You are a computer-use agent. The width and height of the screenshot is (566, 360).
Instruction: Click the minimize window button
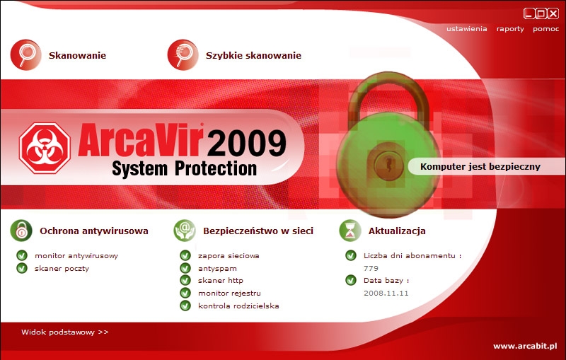click(529, 13)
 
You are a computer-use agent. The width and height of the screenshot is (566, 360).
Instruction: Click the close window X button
click(553, 13)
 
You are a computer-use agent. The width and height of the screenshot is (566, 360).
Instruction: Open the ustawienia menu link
click(466, 29)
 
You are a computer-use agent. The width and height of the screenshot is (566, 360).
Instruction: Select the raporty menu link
click(510, 29)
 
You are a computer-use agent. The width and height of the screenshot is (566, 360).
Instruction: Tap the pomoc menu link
click(545, 29)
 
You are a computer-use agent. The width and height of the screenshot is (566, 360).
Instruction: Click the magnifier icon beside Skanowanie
click(25, 55)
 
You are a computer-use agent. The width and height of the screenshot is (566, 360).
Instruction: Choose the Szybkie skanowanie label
click(253, 56)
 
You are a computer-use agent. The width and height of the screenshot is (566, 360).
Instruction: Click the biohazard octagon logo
click(45, 149)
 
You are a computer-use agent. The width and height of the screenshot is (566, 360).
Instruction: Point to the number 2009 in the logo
click(246, 143)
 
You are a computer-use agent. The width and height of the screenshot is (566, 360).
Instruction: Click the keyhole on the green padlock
click(388, 164)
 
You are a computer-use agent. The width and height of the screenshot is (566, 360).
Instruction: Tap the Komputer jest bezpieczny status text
click(480, 167)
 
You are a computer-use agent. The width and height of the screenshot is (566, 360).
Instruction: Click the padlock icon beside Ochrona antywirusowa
click(21, 231)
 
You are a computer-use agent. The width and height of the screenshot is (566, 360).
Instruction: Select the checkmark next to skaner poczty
click(22, 268)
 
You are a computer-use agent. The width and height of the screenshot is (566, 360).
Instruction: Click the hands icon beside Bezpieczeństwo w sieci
click(185, 231)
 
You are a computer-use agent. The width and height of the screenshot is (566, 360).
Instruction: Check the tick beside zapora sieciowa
click(185, 256)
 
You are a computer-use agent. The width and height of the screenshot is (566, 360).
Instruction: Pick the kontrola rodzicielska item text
click(238, 306)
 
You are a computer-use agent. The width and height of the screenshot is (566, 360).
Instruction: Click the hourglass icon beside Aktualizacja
click(350, 231)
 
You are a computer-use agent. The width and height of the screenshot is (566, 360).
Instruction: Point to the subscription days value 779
click(371, 268)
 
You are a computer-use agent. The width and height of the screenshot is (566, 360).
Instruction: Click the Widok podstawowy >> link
click(64, 332)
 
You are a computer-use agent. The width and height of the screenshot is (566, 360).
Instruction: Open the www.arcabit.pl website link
click(525, 347)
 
